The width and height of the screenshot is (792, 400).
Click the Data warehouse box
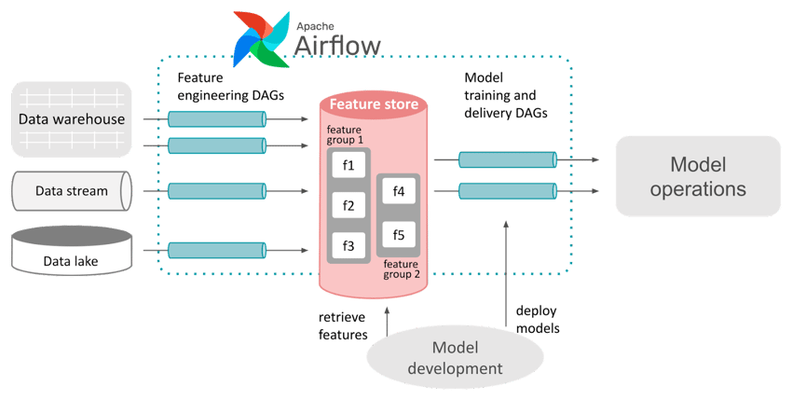pyautogui.click(x=72, y=119)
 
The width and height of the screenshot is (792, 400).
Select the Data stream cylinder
pyautogui.click(x=72, y=191)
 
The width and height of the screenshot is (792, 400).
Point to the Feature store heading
pyautogui.click(x=374, y=104)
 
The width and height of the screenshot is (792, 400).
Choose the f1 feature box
pyautogui.click(x=348, y=165)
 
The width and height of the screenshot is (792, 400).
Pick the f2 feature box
pyautogui.click(x=348, y=205)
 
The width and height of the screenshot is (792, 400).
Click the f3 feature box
pyautogui.click(x=348, y=245)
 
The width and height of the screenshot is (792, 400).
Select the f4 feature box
pyautogui.click(x=399, y=192)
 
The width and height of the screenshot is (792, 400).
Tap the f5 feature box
pyautogui.click(x=399, y=234)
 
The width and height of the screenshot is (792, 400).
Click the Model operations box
pyautogui.click(x=696, y=176)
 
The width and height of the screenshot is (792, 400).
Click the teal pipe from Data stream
pyautogui.click(x=216, y=191)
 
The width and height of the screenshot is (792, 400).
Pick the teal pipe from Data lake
pyautogui.click(x=216, y=250)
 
